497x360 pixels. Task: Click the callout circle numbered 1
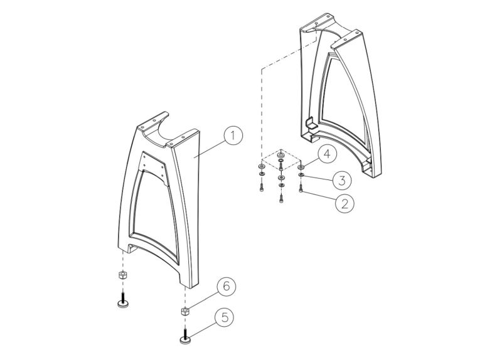(232, 135)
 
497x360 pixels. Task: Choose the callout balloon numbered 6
(226, 287)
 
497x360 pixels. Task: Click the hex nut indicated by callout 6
(186, 311)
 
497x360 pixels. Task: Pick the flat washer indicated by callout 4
(301, 167)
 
